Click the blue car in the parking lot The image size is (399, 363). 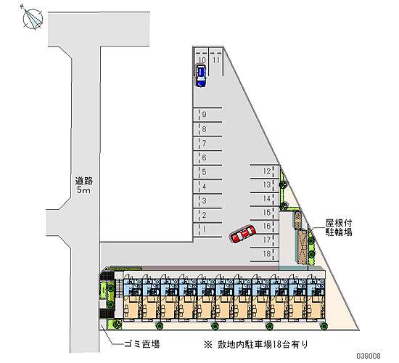click(x=201, y=76)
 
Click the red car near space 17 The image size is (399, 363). click(x=243, y=234)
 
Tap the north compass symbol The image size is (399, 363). click(x=33, y=17)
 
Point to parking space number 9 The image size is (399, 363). click(x=207, y=115)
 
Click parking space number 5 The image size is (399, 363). click(x=207, y=173)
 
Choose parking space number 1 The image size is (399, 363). click(x=207, y=230)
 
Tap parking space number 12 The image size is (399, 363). click(x=264, y=171)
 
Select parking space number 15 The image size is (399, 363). click(x=264, y=213)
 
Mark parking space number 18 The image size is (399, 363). click(x=264, y=254)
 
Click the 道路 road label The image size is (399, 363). click(x=84, y=181)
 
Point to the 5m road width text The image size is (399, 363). click(x=83, y=190)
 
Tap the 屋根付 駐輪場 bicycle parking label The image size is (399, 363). click(x=339, y=227)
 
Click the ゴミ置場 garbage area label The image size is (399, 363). click(x=141, y=344)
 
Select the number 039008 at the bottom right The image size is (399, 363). click(x=369, y=356)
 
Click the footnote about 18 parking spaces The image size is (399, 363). click(x=256, y=344)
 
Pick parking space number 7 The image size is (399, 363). click(x=207, y=144)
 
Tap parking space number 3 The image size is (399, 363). click(x=207, y=201)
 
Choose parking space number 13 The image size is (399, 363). click(x=264, y=185)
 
